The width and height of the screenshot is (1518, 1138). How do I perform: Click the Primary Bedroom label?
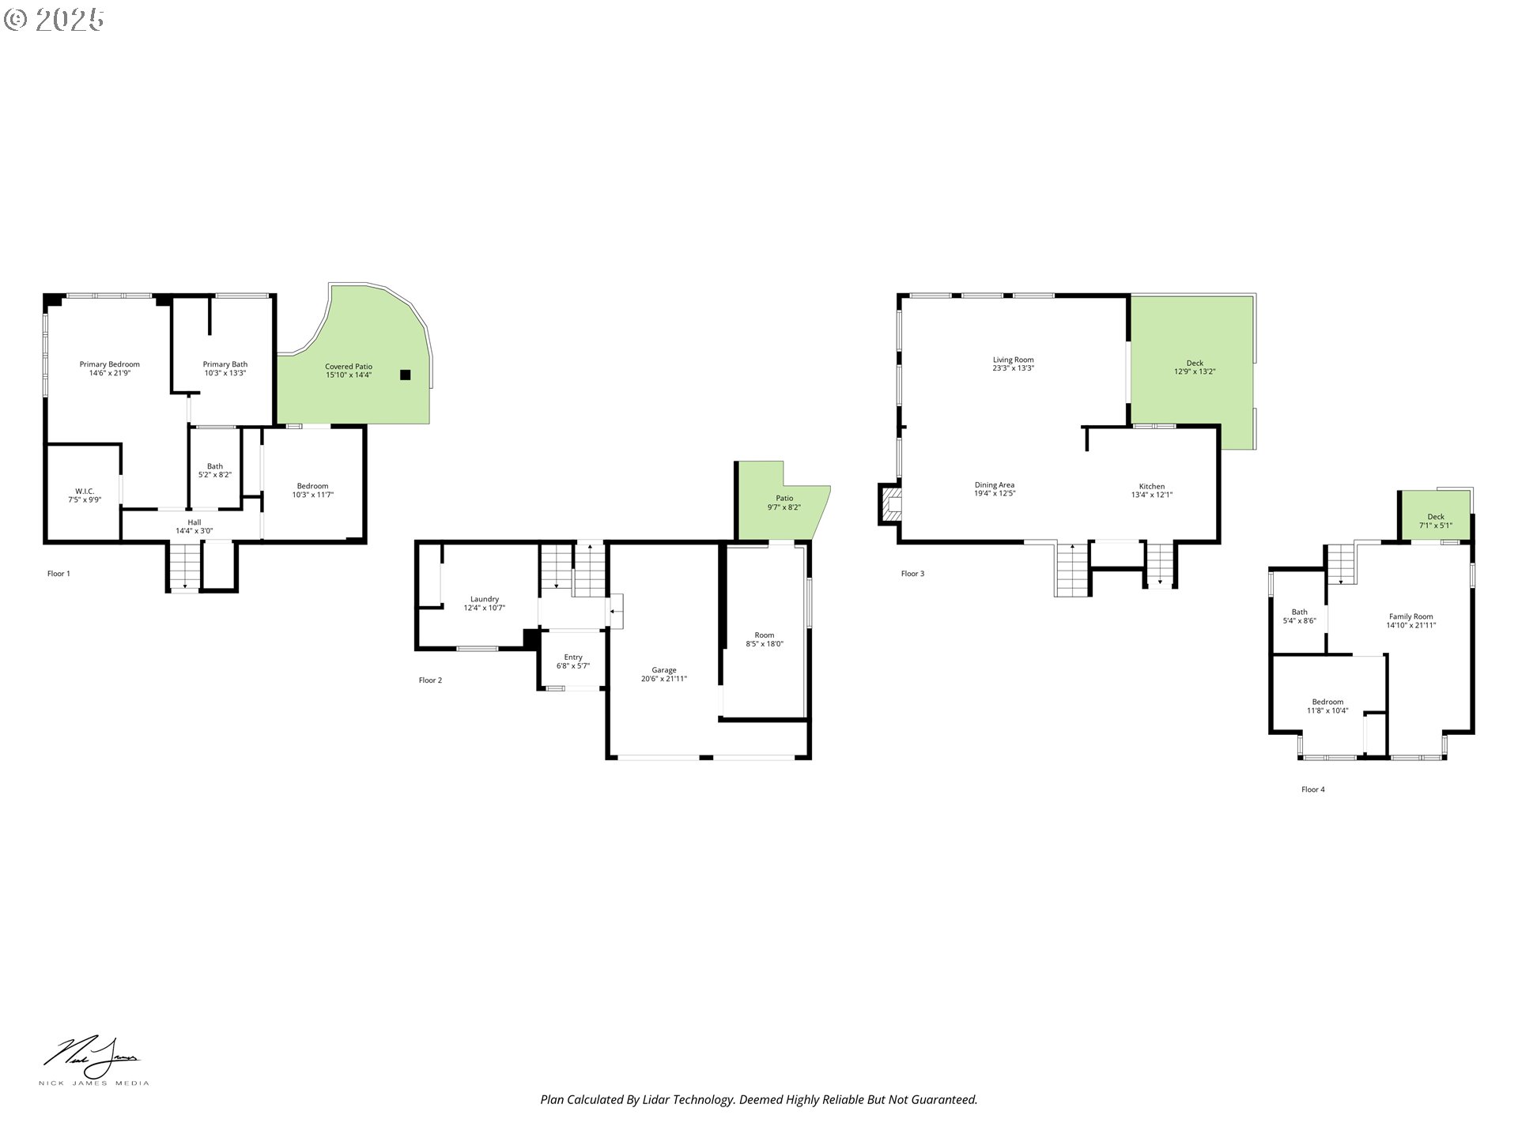[109, 364]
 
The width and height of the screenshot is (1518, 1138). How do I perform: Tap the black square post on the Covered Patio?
[406, 375]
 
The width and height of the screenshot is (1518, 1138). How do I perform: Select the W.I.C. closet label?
[85, 491]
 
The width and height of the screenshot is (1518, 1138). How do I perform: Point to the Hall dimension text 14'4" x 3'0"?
[194, 531]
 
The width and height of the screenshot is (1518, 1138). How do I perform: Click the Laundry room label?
[485, 599]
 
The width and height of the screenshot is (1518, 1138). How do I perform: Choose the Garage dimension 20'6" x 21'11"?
[664, 679]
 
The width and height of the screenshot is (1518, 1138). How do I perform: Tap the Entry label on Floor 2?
[573, 657]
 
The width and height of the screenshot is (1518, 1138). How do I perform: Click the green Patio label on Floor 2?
[784, 498]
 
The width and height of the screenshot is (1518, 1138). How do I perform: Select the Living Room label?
[1014, 360]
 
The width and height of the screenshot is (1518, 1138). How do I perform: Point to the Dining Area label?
[995, 484]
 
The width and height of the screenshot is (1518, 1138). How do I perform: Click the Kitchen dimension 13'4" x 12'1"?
[1152, 495]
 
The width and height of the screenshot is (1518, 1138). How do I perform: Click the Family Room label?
[1411, 616]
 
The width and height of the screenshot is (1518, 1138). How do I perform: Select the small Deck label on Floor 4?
[1436, 517]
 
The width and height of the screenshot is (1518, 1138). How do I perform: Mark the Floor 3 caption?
[912, 574]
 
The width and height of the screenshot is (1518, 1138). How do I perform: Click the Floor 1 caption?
[59, 574]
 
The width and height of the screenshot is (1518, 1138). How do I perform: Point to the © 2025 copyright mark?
[55, 19]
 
